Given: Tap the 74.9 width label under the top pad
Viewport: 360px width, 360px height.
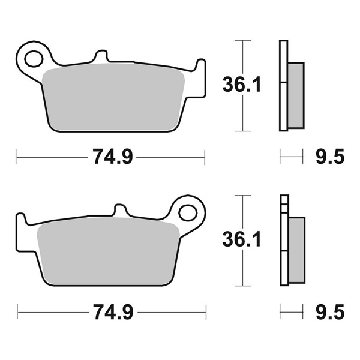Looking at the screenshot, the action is coord(113,157).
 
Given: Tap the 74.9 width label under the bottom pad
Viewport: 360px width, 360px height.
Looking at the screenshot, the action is coord(113,312).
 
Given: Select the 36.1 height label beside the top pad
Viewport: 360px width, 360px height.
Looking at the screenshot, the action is coord(242,85).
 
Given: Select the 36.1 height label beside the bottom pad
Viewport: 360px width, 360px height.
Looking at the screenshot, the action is coord(242,239).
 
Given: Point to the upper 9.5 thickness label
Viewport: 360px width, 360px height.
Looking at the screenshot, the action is coord(330,157).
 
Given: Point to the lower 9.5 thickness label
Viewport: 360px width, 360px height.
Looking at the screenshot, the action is coord(330,312).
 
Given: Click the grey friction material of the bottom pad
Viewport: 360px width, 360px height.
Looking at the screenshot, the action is coord(108,251).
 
